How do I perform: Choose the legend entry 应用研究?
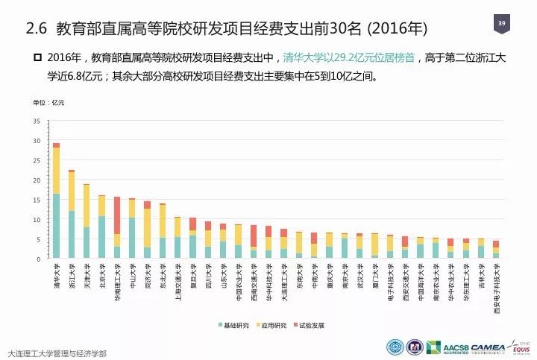274,326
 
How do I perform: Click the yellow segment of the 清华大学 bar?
56,170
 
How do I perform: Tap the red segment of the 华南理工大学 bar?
117,215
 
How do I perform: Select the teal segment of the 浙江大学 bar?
72,234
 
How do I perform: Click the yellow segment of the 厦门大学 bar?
374,245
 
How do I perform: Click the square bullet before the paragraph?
38,57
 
